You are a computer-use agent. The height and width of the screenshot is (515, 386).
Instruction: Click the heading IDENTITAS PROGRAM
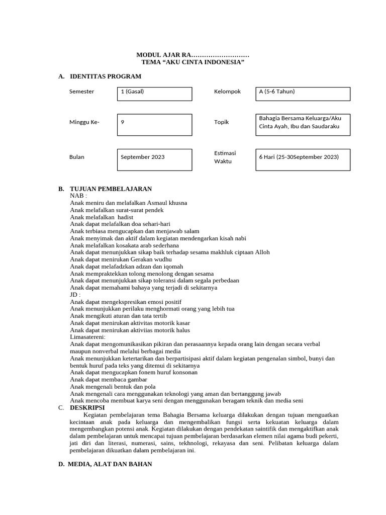point(106,76)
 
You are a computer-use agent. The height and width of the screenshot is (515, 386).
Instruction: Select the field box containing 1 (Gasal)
point(154,94)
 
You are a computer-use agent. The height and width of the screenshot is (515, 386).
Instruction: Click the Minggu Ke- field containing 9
point(154,125)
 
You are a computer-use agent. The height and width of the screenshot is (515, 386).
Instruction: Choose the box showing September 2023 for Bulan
point(154,159)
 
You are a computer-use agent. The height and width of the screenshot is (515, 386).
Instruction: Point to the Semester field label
point(81,92)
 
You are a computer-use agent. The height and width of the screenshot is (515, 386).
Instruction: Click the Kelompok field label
point(227,92)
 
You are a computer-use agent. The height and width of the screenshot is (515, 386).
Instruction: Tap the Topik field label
point(221,122)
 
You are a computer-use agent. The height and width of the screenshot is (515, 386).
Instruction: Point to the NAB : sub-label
point(78,196)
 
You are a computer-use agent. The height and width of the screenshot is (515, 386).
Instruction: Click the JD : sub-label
point(75,295)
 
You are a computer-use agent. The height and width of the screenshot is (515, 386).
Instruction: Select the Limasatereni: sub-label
point(88,337)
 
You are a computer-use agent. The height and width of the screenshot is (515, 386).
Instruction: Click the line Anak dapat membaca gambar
point(109,379)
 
